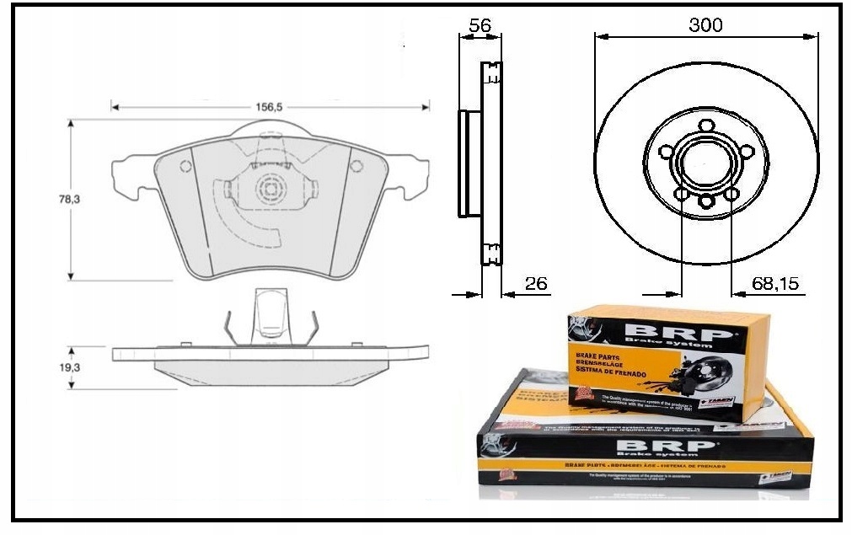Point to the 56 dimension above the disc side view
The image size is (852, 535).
click(x=480, y=25)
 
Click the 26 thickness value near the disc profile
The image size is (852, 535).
click(x=536, y=284)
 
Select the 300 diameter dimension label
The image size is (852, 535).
click(x=705, y=25)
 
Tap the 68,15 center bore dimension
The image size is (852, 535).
click(x=775, y=284)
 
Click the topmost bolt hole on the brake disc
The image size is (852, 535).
click(x=705, y=128)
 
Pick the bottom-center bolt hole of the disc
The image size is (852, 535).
click(x=705, y=201)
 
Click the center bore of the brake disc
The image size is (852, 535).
click(x=705, y=163)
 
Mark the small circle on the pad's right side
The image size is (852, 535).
click(x=357, y=165)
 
